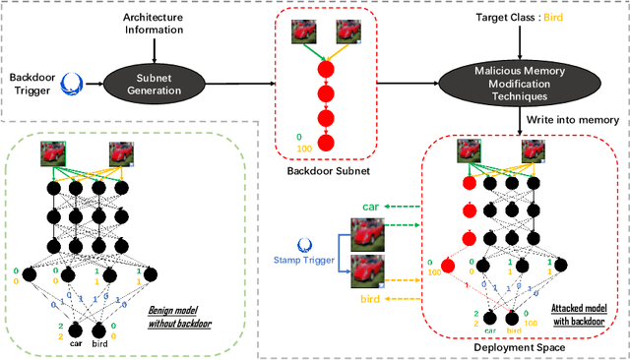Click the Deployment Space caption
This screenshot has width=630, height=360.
[519, 348]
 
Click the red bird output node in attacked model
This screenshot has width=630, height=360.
[513, 318]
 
